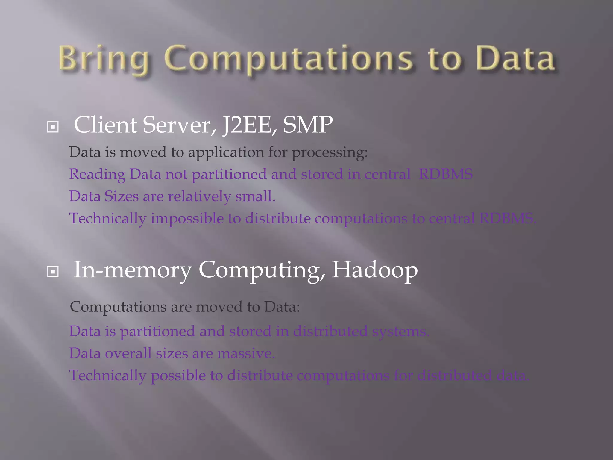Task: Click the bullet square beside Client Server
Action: click(53, 127)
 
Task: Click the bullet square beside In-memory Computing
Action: click(53, 272)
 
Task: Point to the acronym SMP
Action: click(308, 125)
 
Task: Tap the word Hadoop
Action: click(375, 270)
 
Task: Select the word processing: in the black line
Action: click(330, 153)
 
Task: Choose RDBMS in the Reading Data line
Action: click(446, 174)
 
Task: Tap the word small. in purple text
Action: click(255, 196)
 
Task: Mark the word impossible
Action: click(187, 219)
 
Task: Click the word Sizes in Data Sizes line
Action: click(122, 196)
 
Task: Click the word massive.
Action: click(246, 354)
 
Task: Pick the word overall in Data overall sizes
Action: click(128, 354)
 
